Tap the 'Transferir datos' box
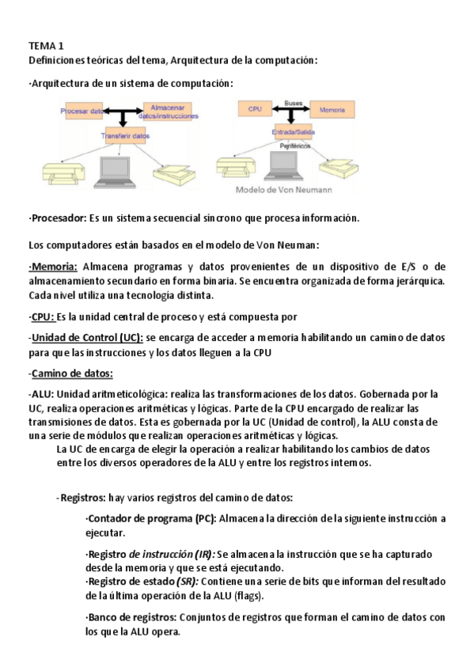pyautogui.click(x=125, y=136)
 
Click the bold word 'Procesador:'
pyautogui.click(x=58, y=218)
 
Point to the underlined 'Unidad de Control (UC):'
pyautogui.click(x=86, y=337)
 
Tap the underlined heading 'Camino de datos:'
pyautogui.click(x=70, y=373)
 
